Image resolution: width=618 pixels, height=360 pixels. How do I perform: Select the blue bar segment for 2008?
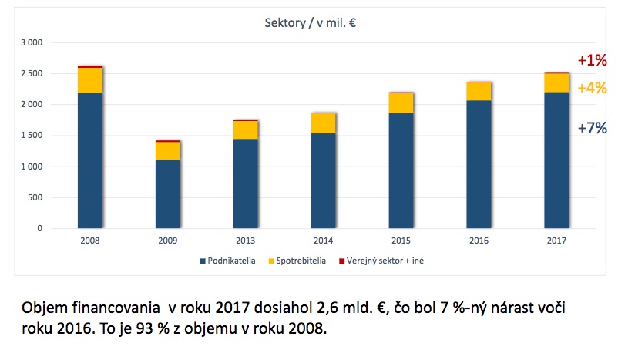pos(90,160)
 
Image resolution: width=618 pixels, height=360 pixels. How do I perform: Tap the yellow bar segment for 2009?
pos(168,150)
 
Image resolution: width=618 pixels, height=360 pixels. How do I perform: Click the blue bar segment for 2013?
pos(246,183)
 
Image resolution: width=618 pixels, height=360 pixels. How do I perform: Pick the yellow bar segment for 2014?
pos(324,123)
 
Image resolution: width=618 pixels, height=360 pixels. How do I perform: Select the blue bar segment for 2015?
pos(401,170)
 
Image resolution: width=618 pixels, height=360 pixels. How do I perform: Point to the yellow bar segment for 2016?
pos(479,91)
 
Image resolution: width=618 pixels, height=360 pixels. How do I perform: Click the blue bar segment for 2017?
pos(556,160)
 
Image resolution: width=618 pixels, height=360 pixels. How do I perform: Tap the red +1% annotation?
pos(593,60)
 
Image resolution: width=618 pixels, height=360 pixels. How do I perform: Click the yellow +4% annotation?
pos(593,88)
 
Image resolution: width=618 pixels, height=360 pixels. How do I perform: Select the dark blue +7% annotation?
pos(593,128)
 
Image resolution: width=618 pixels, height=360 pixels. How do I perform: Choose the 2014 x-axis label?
pos(324,241)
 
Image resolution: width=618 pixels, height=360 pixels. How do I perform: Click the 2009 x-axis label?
pos(168,241)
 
